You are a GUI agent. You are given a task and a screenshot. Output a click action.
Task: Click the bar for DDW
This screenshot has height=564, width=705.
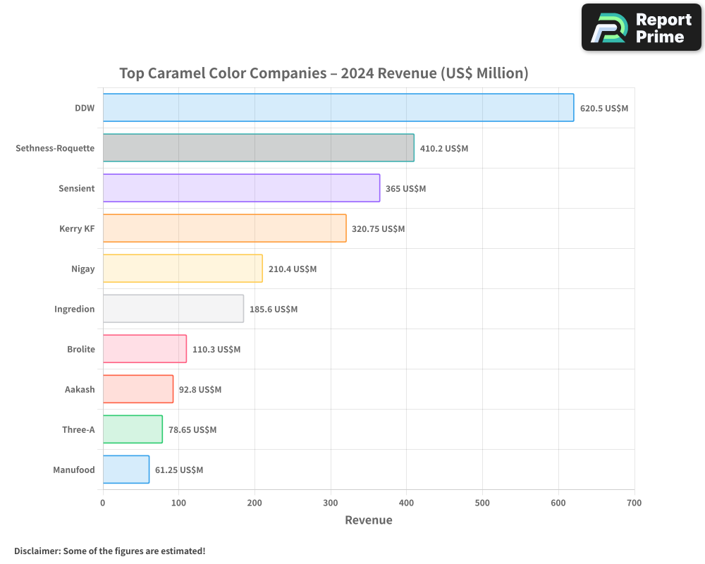click(x=338, y=108)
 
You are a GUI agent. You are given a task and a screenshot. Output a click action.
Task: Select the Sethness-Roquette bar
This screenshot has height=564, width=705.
click(x=258, y=148)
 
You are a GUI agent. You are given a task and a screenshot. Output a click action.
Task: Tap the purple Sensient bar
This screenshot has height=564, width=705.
click(x=241, y=188)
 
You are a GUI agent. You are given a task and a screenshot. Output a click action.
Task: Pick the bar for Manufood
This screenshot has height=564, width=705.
click(x=126, y=470)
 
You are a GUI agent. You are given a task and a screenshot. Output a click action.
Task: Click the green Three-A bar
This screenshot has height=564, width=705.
click(x=133, y=429)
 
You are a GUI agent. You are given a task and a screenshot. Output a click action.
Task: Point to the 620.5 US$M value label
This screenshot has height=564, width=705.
click(x=603, y=109)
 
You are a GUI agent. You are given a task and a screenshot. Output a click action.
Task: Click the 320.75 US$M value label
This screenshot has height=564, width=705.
click(x=379, y=229)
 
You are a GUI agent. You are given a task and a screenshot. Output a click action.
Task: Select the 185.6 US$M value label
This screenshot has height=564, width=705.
click(x=274, y=309)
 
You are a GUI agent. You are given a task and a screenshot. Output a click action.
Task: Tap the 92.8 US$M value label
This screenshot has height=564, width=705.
click(x=200, y=390)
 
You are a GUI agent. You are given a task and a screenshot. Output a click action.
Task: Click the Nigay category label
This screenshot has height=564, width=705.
click(x=82, y=269)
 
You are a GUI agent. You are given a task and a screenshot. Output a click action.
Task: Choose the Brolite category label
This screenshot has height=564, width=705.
click(x=80, y=349)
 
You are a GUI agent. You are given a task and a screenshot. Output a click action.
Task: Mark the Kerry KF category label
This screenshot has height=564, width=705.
click(x=77, y=228)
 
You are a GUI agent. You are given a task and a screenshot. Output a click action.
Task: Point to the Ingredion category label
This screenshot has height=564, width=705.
click(x=74, y=309)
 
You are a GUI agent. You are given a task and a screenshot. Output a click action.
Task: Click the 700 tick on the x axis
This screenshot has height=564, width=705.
click(x=634, y=503)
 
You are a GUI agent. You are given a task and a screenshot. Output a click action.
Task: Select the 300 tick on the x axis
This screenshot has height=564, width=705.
click(x=331, y=503)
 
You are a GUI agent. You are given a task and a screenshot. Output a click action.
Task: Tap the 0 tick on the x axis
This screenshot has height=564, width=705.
click(x=103, y=503)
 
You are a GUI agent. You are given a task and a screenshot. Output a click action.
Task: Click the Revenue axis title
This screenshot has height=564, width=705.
click(x=368, y=520)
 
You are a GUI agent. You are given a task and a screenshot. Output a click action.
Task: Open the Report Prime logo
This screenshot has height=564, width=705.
click(x=642, y=27)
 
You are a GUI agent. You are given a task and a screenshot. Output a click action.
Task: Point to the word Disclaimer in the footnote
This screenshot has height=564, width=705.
click(x=36, y=551)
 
